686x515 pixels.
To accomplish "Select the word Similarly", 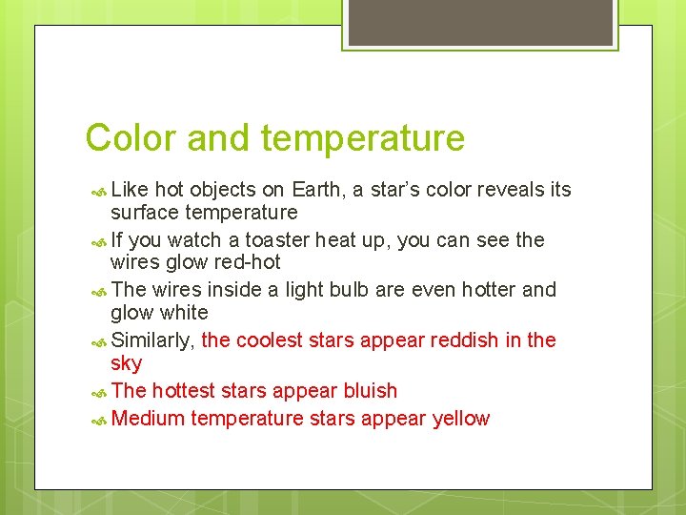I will (x=153, y=340).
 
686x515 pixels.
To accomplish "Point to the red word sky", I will (x=126, y=363).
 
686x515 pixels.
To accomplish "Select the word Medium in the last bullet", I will (x=148, y=419).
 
